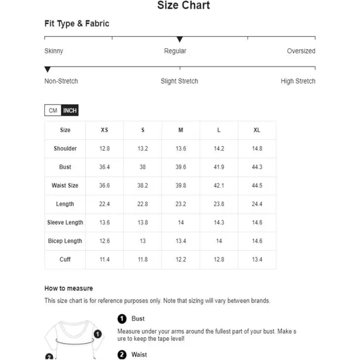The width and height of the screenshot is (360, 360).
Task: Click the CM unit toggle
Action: [x=53, y=110]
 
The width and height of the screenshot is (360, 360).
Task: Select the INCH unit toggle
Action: [x=70, y=110]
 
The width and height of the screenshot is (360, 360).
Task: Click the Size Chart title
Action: [x=184, y=6]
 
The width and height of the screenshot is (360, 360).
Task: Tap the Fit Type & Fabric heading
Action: [x=77, y=24]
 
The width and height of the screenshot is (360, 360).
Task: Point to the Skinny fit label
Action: [x=53, y=51]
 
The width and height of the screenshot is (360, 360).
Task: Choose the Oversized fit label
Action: [x=301, y=51]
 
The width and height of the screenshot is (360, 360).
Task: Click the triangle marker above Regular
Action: [x=179, y=40]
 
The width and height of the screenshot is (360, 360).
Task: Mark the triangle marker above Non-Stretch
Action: [x=48, y=70]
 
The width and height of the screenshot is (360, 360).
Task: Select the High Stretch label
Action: [x=298, y=81]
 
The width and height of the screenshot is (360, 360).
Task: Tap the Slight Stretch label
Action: [x=179, y=81]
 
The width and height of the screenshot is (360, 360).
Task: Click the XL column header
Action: [x=257, y=130]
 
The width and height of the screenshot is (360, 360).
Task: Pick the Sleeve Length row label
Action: [x=65, y=223]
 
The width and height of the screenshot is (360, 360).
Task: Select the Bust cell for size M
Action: [x=181, y=167]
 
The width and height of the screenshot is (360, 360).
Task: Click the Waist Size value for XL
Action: [x=257, y=186]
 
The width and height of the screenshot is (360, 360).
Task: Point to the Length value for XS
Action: [x=104, y=204]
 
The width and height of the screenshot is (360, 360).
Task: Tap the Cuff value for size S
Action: [x=143, y=260]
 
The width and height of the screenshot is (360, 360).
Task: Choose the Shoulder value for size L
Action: [x=219, y=149]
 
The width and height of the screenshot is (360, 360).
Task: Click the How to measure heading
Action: [x=68, y=289]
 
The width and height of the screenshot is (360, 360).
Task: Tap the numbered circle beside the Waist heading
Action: [x=122, y=355]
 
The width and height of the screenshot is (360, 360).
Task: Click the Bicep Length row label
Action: [x=65, y=241]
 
